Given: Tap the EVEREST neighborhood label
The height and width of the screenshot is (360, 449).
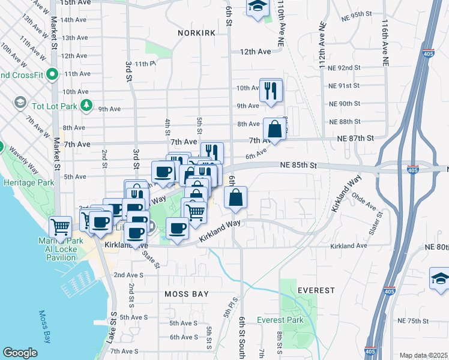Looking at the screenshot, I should click(316, 290).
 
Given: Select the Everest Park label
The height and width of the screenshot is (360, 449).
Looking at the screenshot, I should click(280, 320).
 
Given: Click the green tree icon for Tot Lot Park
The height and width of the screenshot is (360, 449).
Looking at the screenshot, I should click(87, 106).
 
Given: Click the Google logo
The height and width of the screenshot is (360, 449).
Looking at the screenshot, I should click(20, 353).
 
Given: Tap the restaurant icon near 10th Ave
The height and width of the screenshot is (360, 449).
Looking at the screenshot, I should click(271, 91).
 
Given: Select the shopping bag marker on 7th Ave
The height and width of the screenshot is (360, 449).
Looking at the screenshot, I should click(274, 129).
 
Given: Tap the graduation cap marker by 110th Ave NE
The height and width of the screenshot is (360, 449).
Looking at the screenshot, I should click(258, 7).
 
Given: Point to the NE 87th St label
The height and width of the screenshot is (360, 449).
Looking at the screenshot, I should click(356, 138).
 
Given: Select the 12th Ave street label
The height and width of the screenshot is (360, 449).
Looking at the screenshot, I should click(256, 52).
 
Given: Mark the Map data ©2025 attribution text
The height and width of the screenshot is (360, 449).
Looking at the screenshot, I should click(423, 355).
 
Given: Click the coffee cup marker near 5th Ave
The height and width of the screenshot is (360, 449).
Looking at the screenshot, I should click(163, 173).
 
